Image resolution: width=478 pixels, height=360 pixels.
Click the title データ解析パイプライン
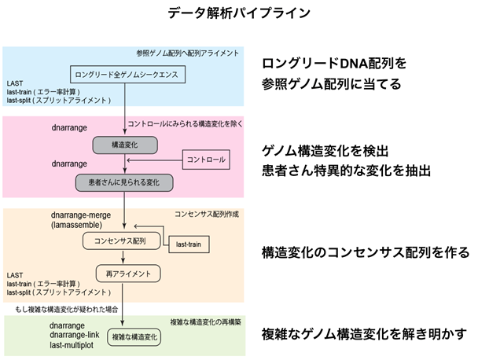239,13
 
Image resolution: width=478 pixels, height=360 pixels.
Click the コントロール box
205,160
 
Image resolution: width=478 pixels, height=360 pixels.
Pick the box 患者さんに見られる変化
124,182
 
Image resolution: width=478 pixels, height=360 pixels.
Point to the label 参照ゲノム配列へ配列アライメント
189,53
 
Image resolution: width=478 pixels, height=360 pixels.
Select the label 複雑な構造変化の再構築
208,321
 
